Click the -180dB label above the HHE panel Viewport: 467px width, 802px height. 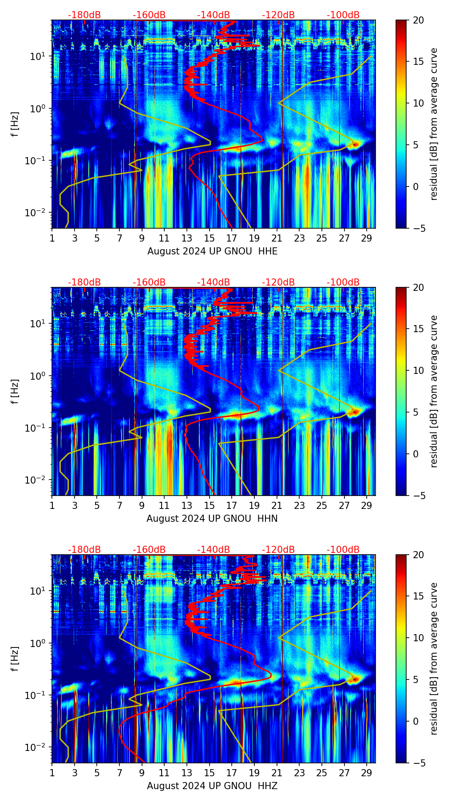point(84,15)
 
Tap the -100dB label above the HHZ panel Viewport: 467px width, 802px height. point(343,550)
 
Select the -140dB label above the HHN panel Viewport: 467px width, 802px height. point(214,282)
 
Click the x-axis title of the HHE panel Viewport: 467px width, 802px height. point(212,251)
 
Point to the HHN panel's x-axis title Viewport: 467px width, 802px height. point(212,519)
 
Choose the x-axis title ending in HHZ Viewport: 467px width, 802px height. point(212,786)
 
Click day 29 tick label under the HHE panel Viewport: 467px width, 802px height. point(367,238)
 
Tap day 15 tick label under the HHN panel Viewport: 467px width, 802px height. point(210,506)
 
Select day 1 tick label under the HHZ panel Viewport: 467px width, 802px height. point(52,773)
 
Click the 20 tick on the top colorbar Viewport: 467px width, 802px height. point(418,20)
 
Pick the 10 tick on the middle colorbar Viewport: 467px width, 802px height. point(418,370)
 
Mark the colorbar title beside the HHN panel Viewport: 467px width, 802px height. point(434,391)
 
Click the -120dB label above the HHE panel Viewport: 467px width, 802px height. point(278,15)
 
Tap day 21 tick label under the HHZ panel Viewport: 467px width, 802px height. point(277,773)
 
